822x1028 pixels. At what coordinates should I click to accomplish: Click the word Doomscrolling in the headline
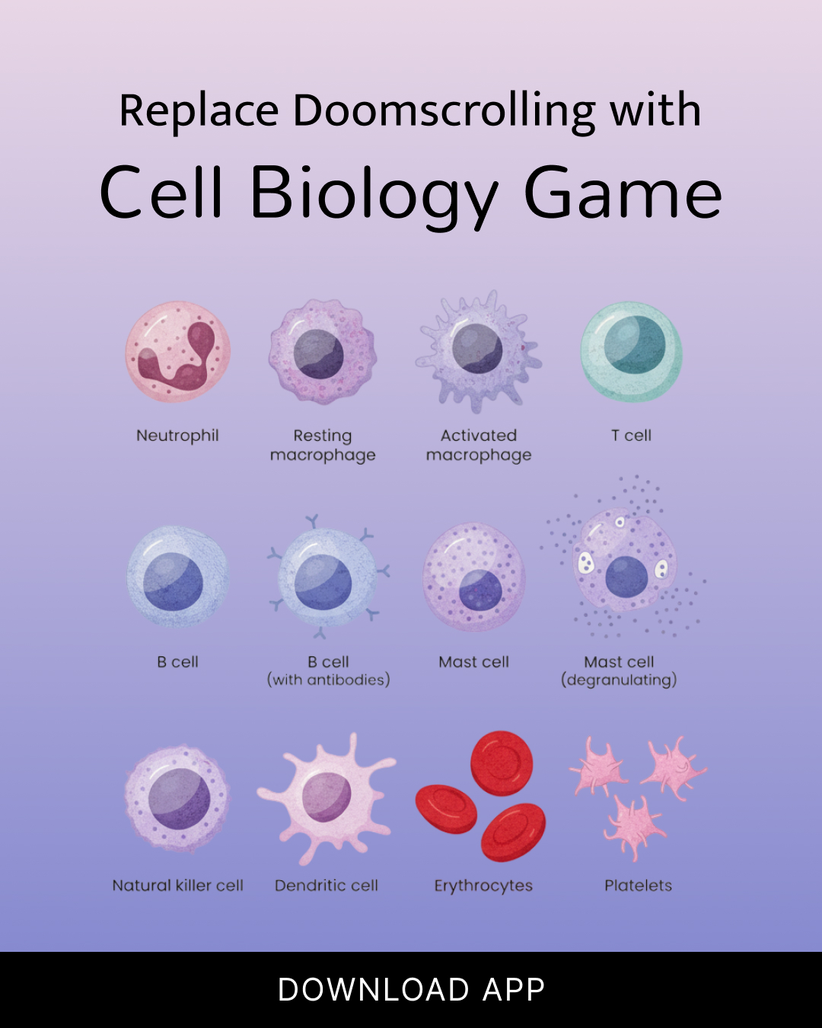[444, 111]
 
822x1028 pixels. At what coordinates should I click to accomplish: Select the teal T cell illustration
[632, 351]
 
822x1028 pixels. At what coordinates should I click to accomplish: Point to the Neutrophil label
[177, 436]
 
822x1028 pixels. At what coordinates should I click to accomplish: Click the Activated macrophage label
[479, 445]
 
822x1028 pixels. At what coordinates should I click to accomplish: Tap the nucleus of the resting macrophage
[319, 354]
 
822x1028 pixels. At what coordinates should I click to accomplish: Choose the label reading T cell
[631, 436]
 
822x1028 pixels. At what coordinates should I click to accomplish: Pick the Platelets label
[638, 886]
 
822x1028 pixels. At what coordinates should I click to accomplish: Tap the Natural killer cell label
[177, 886]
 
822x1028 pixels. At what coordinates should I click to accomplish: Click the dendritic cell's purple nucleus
[327, 797]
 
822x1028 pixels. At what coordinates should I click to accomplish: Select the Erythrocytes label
[483, 886]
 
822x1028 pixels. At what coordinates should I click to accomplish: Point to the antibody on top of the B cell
[312, 521]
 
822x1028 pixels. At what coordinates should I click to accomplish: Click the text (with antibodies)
[329, 680]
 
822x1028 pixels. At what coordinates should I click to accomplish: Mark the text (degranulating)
[619, 680]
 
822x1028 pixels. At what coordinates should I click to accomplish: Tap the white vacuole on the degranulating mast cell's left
[585, 563]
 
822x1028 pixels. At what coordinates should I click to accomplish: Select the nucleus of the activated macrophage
[477, 348]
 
